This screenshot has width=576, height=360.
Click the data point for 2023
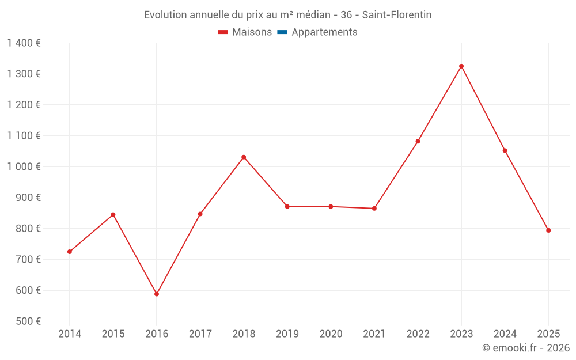click(x=461, y=66)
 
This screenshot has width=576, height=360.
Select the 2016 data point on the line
click(x=157, y=294)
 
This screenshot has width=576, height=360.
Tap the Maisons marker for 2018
click(x=244, y=157)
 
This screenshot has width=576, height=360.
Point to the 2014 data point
click(x=70, y=252)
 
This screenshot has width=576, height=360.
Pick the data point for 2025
click(x=548, y=230)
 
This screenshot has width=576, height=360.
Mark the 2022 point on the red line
click(x=418, y=141)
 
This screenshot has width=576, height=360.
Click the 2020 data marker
click(x=331, y=206)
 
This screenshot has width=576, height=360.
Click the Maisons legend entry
click(x=245, y=32)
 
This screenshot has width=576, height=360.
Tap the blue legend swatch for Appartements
click(x=282, y=32)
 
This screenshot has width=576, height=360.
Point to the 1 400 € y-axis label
click(x=24, y=43)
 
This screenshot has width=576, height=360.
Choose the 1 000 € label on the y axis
click(x=24, y=166)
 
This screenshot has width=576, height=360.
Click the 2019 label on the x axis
click(x=287, y=334)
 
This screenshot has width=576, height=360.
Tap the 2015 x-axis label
click(x=113, y=334)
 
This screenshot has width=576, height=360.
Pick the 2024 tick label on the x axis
click(x=505, y=334)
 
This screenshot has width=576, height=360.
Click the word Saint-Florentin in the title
click(x=397, y=15)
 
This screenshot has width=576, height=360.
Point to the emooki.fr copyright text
click(x=526, y=348)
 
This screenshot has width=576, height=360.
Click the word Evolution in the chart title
click(x=165, y=15)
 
